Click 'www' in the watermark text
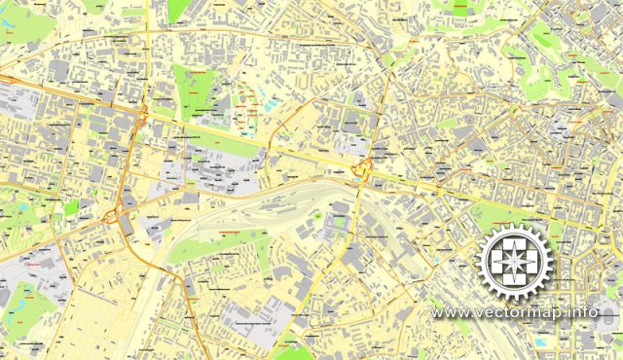[x=451, y=312]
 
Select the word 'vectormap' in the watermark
[x=521, y=312]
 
